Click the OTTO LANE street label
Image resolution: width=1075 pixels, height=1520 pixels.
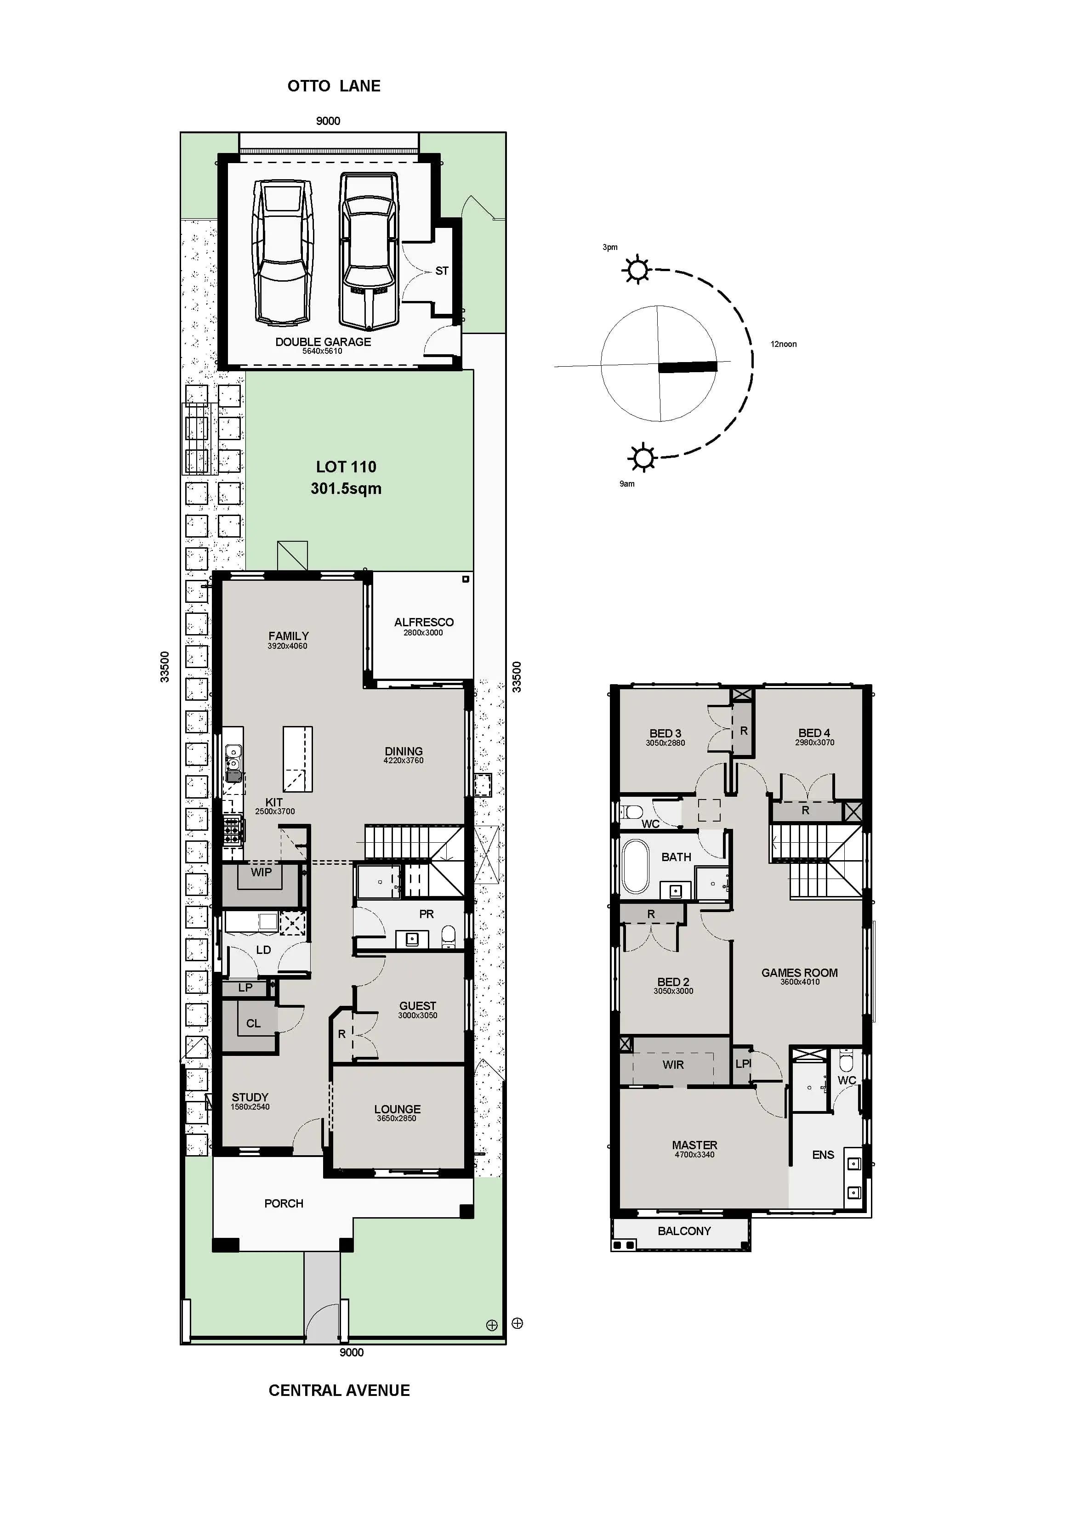click(x=334, y=86)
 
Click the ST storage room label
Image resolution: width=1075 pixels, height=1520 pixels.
click(x=442, y=271)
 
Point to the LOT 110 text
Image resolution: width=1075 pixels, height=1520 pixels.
click(x=346, y=467)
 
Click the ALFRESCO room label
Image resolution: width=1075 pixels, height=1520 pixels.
click(x=424, y=622)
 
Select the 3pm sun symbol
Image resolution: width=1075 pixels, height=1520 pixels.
click(x=637, y=269)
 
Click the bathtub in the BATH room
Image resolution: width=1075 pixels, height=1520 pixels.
click(x=636, y=867)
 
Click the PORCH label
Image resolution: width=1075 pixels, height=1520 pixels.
click(x=284, y=1203)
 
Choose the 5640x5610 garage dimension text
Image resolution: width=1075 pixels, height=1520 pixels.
click(x=323, y=351)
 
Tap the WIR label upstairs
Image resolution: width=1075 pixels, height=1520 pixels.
click(x=673, y=1065)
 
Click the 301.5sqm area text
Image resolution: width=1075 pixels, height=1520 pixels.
click(x=346, y=488)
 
